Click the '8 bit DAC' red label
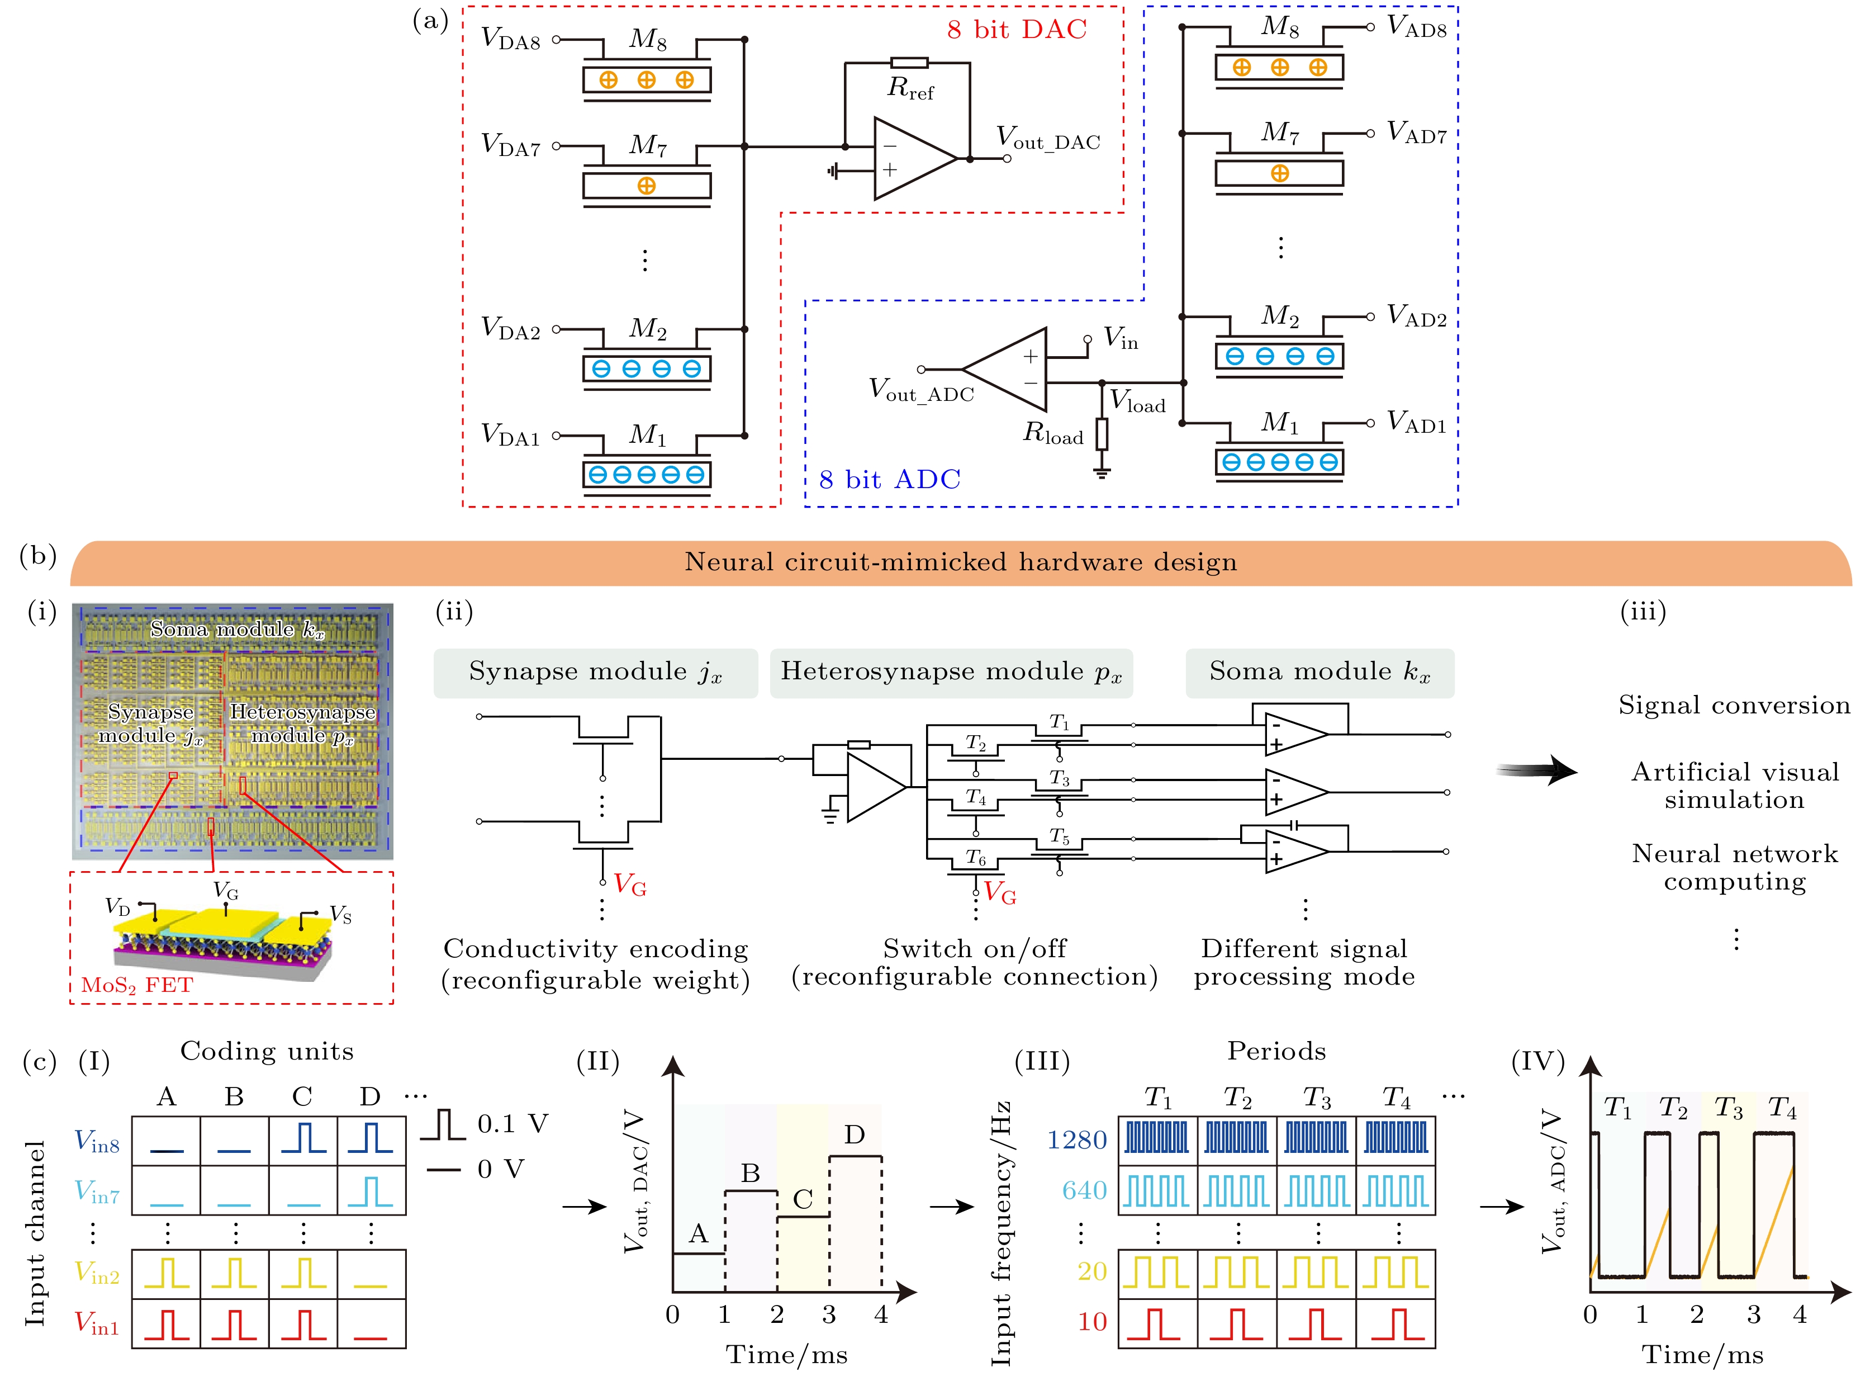pyautogui.click(x=1017, y=30)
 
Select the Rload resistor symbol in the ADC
pyautogui.click(x=1102, y=434)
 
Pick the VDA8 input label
pyautogui.click(x=510, y=39)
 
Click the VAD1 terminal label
pyautogui.click(x=1416, y=423)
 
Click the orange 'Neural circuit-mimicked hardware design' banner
pyautogui.click(x=961, y=562)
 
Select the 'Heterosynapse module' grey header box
pyautogui.click(x=951, y=672)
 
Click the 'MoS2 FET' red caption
pyautogui.click(x=136, y=985)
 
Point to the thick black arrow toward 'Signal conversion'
pyautogui.click(x=1536, y=770)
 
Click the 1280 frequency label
pyautogui.click(x=1076, y=1140)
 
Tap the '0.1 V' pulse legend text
pyautogui.click(x=512, y=1124)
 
